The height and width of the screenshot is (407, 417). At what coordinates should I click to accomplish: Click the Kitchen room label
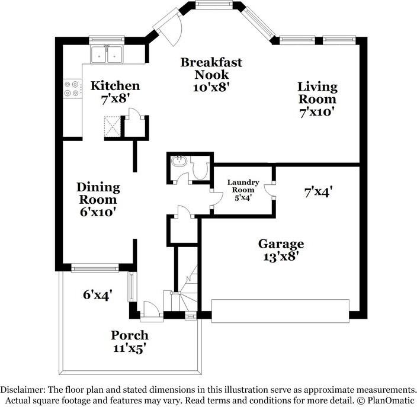tap(115, 86)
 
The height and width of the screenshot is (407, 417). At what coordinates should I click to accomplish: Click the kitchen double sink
tap(107, 55)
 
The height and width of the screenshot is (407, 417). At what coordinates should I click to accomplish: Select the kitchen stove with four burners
tap(72, 89)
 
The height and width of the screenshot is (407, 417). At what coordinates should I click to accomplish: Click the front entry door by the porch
tap(150, 309)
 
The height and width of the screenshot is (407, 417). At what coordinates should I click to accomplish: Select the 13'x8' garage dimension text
tap(281, 257)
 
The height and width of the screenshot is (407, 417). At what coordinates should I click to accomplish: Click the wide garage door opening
tap(280, 311)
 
